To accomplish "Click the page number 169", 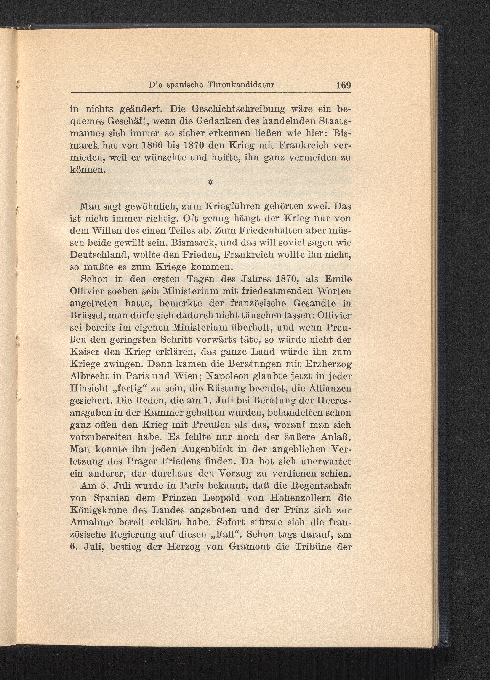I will pos(343,85).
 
